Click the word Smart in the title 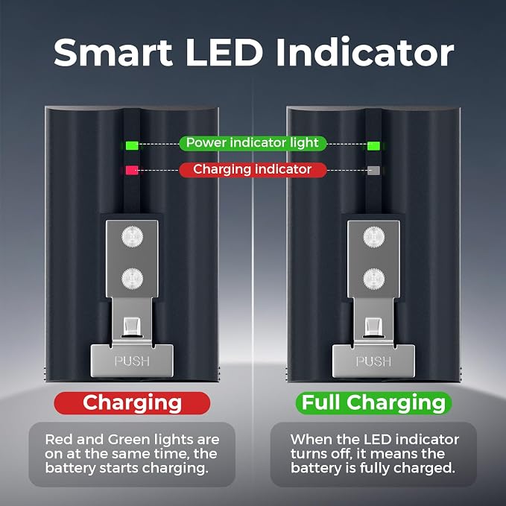pos(113,53)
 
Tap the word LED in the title pos(224,53)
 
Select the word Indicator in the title pos(365,52)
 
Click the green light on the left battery pos(132,145)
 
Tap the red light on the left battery pos(132,171)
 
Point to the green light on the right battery pos(373,146)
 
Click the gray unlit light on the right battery pos(373,171)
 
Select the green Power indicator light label pos(253,143)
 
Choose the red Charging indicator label pos(253,170)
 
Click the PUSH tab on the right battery pos(373,361)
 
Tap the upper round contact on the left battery pos(133,237)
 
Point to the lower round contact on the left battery pos(133,279)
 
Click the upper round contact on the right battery pos(374,237)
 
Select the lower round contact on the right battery pos(374,279)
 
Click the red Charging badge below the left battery pos(132,403)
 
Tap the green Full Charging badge pos(373,403)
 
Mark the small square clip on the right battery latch pos(373,327)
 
